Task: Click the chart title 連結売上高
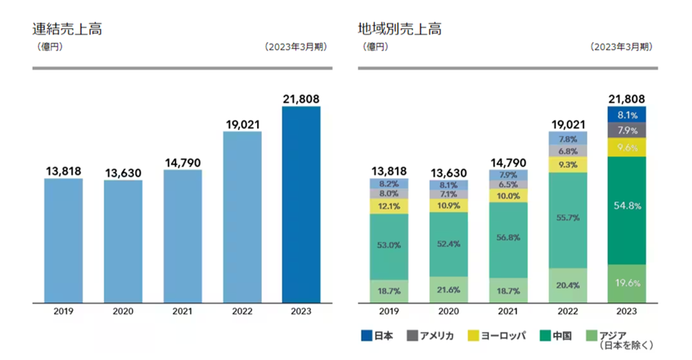(67, 30)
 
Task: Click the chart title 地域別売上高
(400, 30)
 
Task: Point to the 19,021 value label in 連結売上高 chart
(242, 123)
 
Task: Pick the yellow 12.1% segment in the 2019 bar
(388, 205)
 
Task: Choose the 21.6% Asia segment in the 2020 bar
(448, 289)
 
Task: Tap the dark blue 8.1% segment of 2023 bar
(626, 114)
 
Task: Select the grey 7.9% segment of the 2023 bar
(626, 130)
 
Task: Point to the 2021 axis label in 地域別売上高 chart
(508, 312)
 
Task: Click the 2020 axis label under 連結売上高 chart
(123, 312)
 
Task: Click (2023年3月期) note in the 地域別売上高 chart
(622, 46)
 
